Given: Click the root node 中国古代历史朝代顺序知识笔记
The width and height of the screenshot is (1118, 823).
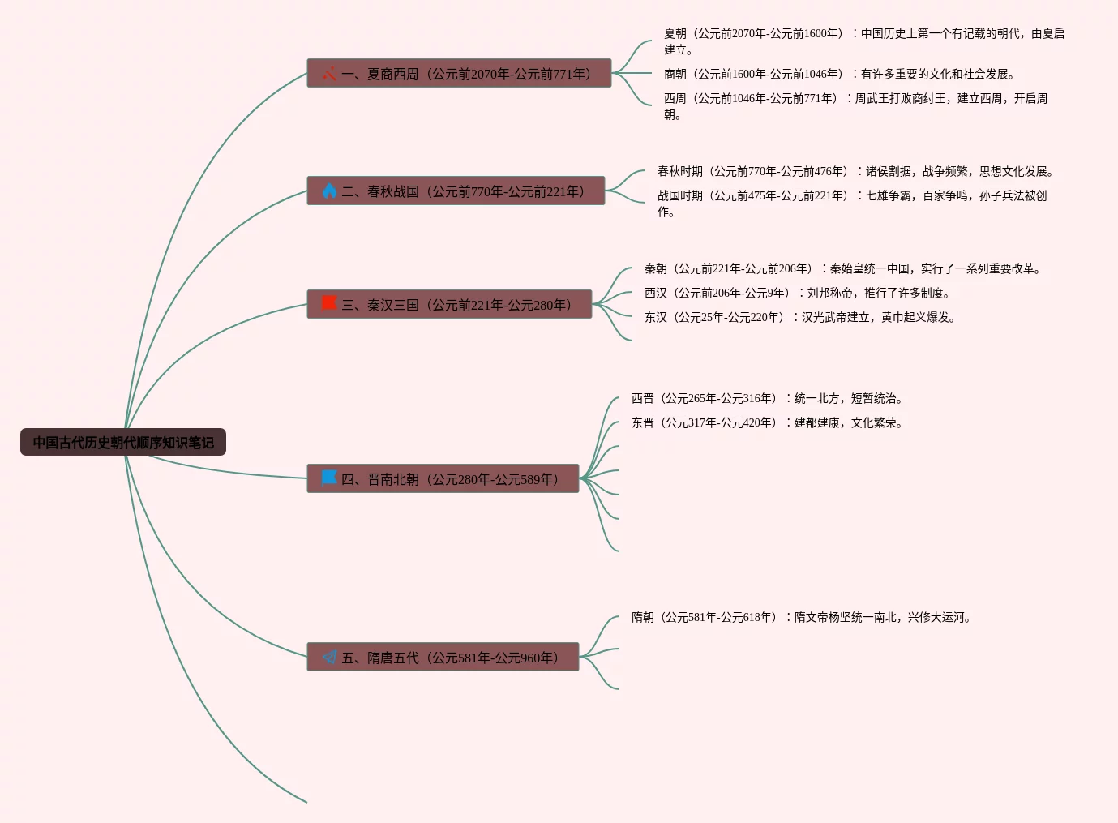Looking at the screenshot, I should (x=123, y=443).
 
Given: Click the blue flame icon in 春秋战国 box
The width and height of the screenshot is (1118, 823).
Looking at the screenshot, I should (x=329, y=191).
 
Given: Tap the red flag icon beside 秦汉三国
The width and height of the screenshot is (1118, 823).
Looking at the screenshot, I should (x=329, y=304).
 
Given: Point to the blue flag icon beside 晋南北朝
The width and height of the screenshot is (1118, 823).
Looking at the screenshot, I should (x=329, y=478).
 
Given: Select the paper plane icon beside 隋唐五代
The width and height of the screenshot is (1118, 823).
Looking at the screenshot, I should (x=329, y=657).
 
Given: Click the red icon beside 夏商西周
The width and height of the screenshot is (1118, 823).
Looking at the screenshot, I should (x=329, y=74).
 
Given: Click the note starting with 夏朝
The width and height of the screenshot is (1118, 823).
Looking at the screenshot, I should (x=863, y=41).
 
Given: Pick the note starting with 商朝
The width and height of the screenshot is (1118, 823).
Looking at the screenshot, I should (x=839, y=74).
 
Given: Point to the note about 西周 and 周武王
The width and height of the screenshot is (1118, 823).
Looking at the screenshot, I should (x=855, y=106).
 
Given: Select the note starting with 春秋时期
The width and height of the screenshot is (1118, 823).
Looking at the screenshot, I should (x=855, y=171).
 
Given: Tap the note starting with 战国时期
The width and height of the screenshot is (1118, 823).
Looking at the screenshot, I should (x=851, y=204).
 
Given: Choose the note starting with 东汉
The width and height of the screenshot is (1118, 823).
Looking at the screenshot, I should (x=800, y=317).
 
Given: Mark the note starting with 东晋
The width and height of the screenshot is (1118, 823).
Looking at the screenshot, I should (x=768, y=422).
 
